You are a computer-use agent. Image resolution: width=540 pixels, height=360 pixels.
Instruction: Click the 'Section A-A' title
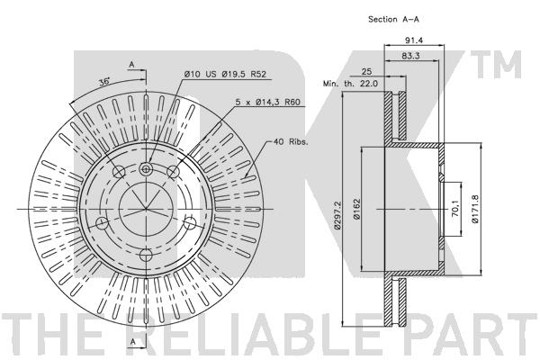(x=393, y=19)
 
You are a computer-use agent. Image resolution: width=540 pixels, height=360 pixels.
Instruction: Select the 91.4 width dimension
(x=414, y=40)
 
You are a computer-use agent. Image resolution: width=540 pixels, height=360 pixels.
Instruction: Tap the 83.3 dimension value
(x=411, y=56)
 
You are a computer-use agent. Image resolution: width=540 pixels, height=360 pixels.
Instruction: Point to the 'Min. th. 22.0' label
(x=350, y=84)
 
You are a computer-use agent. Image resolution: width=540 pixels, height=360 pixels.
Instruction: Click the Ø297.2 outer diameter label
(x=337, y=215)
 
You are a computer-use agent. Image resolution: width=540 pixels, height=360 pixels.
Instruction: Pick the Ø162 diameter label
(x=356, y=209)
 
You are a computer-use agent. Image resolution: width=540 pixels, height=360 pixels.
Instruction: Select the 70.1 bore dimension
(x=455, y=209)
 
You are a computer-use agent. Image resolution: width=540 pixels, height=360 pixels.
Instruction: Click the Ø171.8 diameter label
(x=475, y=209)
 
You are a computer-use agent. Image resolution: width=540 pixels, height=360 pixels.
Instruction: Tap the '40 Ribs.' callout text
(x=291, y=141)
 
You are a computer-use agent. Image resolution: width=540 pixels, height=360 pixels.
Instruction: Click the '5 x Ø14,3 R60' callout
(x=267, y=102)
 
